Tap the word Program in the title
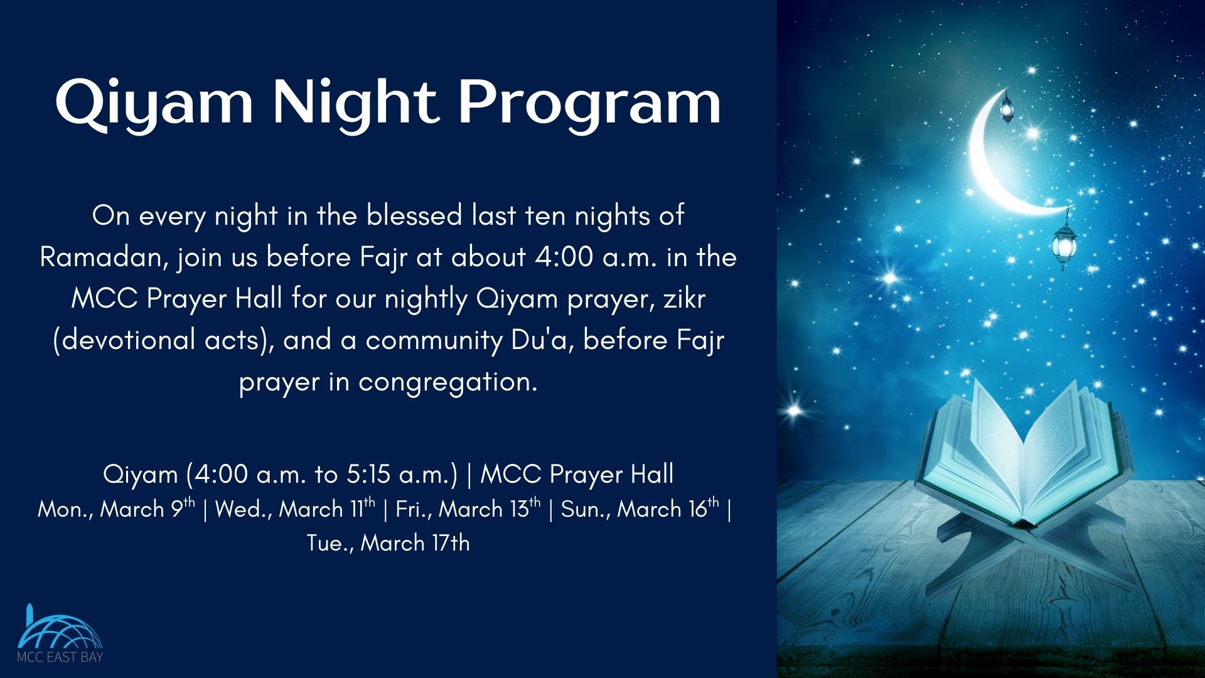589,103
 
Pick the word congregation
447,382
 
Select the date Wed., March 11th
295,508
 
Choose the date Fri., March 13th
468,508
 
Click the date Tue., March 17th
388,542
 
